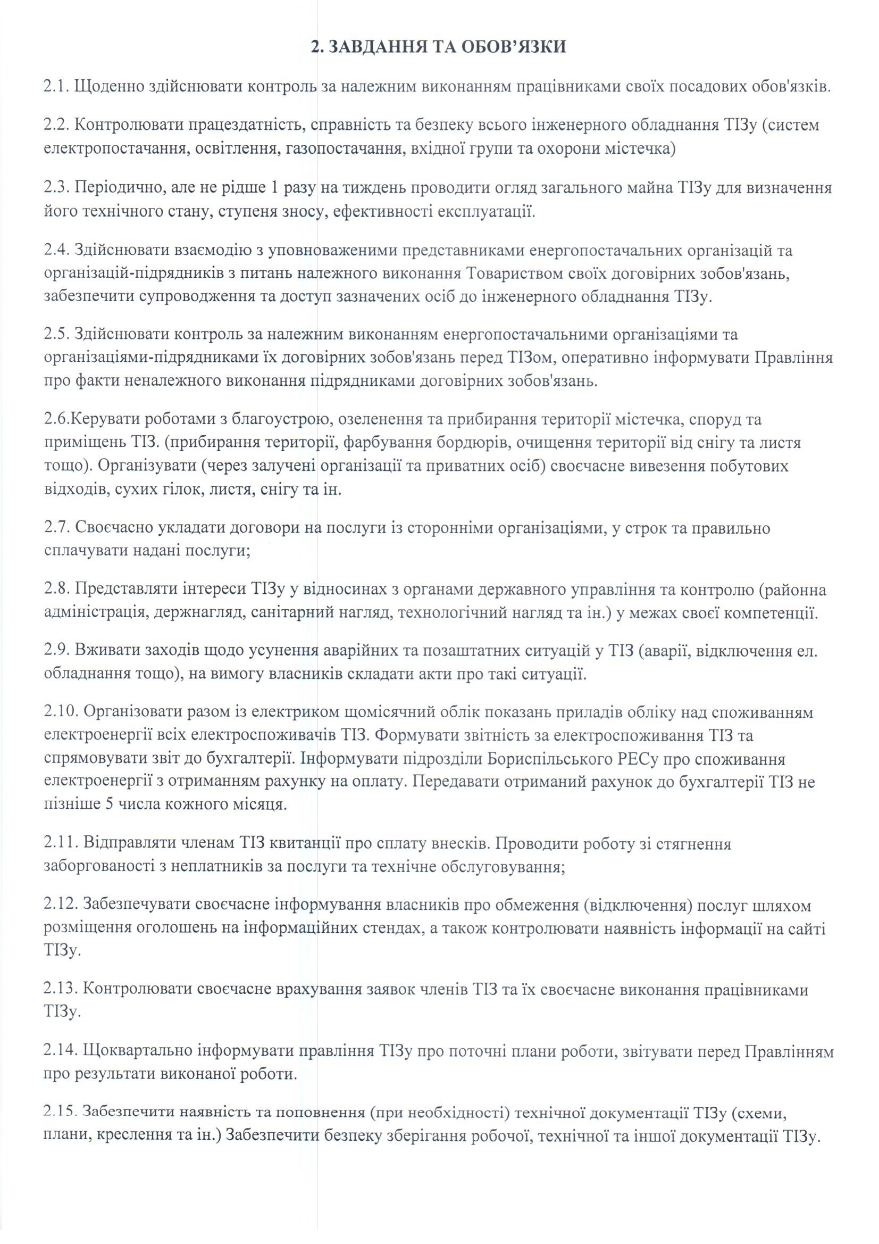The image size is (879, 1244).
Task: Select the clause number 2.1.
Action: coord(55,86)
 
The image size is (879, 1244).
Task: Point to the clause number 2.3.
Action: coord(55,188)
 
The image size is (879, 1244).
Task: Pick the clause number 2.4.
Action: coord(55,251)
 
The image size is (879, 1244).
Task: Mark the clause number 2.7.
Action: coord(55,528)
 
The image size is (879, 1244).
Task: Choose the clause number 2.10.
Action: coord(59,712)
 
